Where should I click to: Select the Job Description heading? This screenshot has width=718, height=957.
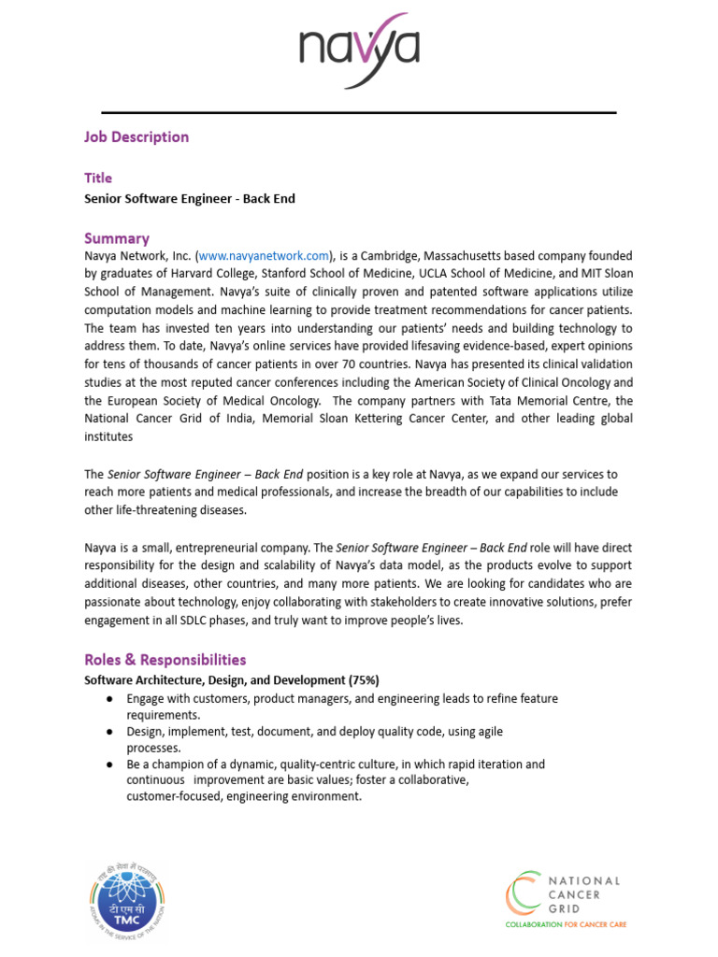pyautogui.click(x=136, y=136)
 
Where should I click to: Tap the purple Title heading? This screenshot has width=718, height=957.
pyautogui.click(x=98, y=178)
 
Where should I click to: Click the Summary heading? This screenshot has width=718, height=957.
pyautogui.click(x=117, y=238)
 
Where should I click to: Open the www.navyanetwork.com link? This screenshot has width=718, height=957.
pyautogui.click(x=265, y=255)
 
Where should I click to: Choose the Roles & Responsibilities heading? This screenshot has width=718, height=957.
pyautogui.click(x=165, y=660)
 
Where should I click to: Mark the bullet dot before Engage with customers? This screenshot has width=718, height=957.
pyautogui.click(x=109, y=699)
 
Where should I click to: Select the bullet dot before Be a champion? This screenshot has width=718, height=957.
pyautogui.click(x=109, y=764)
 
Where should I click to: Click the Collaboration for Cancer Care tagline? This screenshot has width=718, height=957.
pyautogui.click(x=566, y=924)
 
